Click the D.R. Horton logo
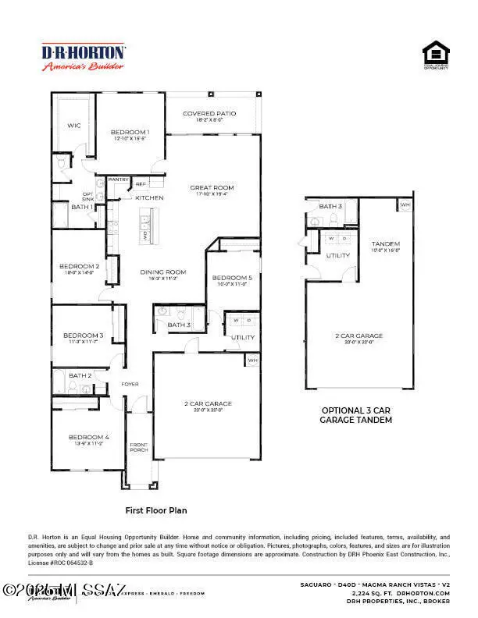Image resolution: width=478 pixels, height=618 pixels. [x=84, y=57]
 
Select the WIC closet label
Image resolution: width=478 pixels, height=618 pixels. [x=74, y=125]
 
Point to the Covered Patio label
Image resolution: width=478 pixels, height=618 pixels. [x=209, y=114]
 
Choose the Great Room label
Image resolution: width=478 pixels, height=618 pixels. [x=212, y=187]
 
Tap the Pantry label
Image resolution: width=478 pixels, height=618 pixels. [x=119, y=179]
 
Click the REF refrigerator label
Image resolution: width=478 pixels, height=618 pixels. [x=141, y=184]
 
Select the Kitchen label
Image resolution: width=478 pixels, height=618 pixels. [x=149, y=198]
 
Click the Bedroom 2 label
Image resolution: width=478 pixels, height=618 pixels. [x=80, y=266]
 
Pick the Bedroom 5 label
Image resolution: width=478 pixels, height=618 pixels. [x=232, y=278]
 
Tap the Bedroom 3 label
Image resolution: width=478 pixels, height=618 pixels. [x=83, y=336]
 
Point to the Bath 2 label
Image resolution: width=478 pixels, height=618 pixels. [x=80, y=375]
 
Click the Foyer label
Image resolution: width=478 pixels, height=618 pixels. [x=130, y=384]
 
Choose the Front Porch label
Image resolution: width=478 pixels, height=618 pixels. [x=139, y=446]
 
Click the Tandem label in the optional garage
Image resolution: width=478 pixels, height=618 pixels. [x=386, y=243]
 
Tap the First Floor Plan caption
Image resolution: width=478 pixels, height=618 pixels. [x=156, y=510]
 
